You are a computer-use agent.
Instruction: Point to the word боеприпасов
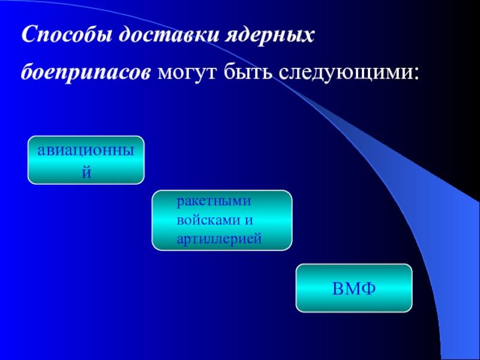(x=86, y=73)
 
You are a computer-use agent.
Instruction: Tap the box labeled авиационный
(x=86, y=160)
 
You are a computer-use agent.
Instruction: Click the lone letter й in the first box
(x=86, y=173)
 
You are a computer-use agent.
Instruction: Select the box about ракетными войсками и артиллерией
(x=221, y=220)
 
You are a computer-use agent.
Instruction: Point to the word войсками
(x=207, y=220)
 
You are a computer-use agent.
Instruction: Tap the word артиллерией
(x=219, y=238)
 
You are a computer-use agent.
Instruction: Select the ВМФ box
(x=354, y=288)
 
